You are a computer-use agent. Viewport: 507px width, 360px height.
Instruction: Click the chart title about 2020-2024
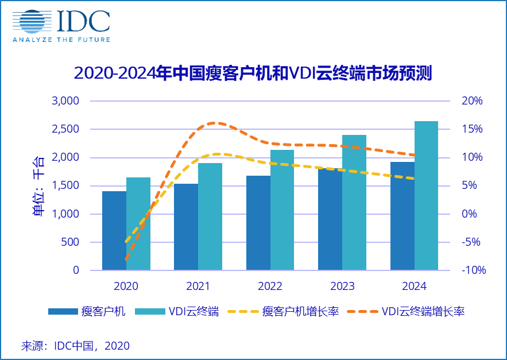click(x=253, y=73)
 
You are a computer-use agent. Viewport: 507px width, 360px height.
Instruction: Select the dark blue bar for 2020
click(x=114, y=231)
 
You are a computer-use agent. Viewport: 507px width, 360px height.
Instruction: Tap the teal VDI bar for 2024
click(x=426, y=195)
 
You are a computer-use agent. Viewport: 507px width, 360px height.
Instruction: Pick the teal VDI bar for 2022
click(x=282, y=210)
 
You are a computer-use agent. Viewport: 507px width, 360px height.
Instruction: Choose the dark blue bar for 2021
click(x=186, y=227)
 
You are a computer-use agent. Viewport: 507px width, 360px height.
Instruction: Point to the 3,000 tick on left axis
click(x=68, y=101)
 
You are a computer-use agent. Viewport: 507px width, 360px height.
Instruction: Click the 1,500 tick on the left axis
click(x=68, y=185)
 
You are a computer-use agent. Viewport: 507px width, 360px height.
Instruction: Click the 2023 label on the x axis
click(x=342, y=286)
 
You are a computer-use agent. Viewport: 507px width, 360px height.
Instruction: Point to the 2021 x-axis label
click(x=198, y=286)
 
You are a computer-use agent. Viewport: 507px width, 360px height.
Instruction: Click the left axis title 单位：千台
click(x=39, y=185)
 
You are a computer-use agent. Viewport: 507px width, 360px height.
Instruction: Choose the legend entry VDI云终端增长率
click(x=423, y=312)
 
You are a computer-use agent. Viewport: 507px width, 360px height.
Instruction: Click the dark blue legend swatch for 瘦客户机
click(x=63, y=312)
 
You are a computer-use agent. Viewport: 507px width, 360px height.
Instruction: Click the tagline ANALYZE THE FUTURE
click(x=61, y=40)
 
